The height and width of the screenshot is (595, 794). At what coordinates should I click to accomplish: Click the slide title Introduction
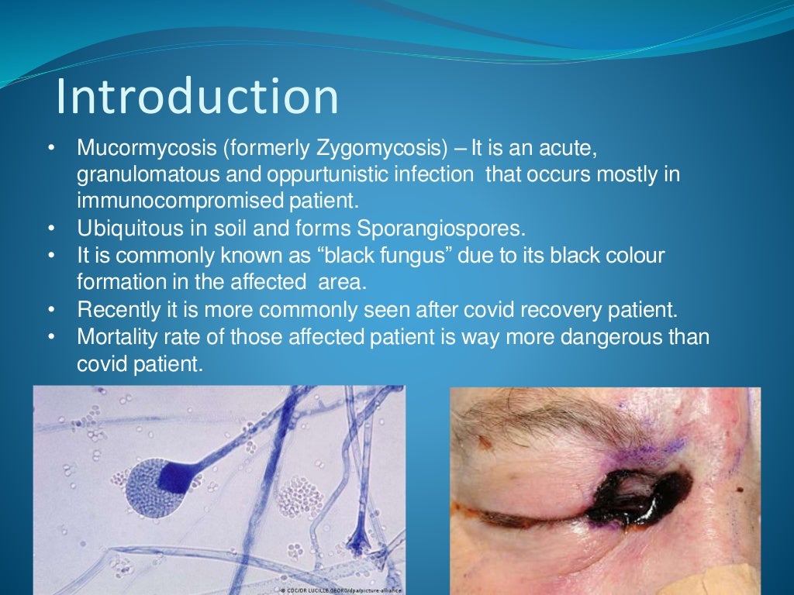point(198,98)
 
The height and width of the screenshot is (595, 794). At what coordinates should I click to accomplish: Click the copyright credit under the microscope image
point(340,590)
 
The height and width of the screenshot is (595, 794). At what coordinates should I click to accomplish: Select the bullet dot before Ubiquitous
point(51,229)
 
